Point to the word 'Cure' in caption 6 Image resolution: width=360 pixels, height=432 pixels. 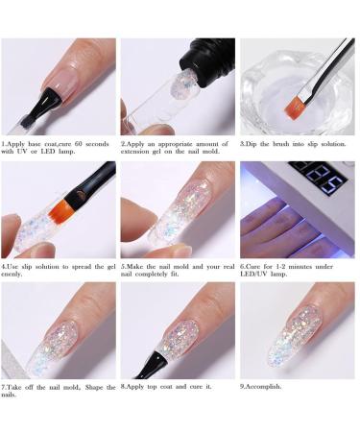(255, 264)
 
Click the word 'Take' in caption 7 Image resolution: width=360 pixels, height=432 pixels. (18, 387)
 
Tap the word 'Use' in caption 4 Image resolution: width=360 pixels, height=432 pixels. (16, 264)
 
